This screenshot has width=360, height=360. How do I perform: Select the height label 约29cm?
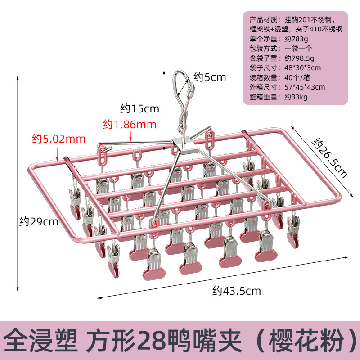coord(38,221)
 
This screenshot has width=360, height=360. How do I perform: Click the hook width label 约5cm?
coord(209,77)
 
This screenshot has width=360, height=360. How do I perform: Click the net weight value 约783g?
coord(297,39)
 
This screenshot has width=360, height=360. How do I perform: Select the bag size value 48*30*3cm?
coord(302,68)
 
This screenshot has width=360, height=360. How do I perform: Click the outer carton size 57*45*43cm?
coord(305,87)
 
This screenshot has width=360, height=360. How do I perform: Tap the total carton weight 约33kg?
coord(296,97)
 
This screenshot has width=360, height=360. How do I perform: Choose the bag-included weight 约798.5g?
coord(299,58)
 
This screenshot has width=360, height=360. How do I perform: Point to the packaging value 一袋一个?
coord(298,49)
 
